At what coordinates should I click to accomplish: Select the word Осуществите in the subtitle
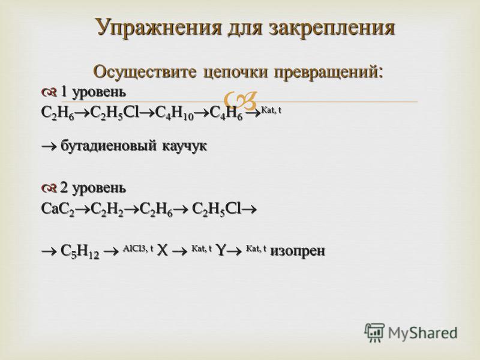tap(145, 72)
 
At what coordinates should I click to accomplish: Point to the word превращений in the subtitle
tap(328, 73)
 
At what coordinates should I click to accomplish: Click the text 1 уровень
tap(93, 92)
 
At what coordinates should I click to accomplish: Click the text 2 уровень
tap(93, 188)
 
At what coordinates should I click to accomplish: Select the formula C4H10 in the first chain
tap(175, 113)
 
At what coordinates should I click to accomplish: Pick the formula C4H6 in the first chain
tap(226, 113)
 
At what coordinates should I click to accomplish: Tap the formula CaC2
tap(58, 209)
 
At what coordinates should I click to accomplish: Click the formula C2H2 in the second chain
tap(107, 209)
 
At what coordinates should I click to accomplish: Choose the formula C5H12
tap(80, 251)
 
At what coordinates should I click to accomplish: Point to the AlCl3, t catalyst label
tap(138, 249)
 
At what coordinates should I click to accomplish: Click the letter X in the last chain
tap(163, 251)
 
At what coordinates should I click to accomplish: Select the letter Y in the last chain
tap(220, 251)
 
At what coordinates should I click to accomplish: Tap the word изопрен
tap(297, 251)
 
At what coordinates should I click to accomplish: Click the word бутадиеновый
tap(109, 145)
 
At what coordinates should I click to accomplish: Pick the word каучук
tap(184, 146)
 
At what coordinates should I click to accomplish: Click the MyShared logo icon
tap(374, 333)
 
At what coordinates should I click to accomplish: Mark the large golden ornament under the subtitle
tap(241, 101)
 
